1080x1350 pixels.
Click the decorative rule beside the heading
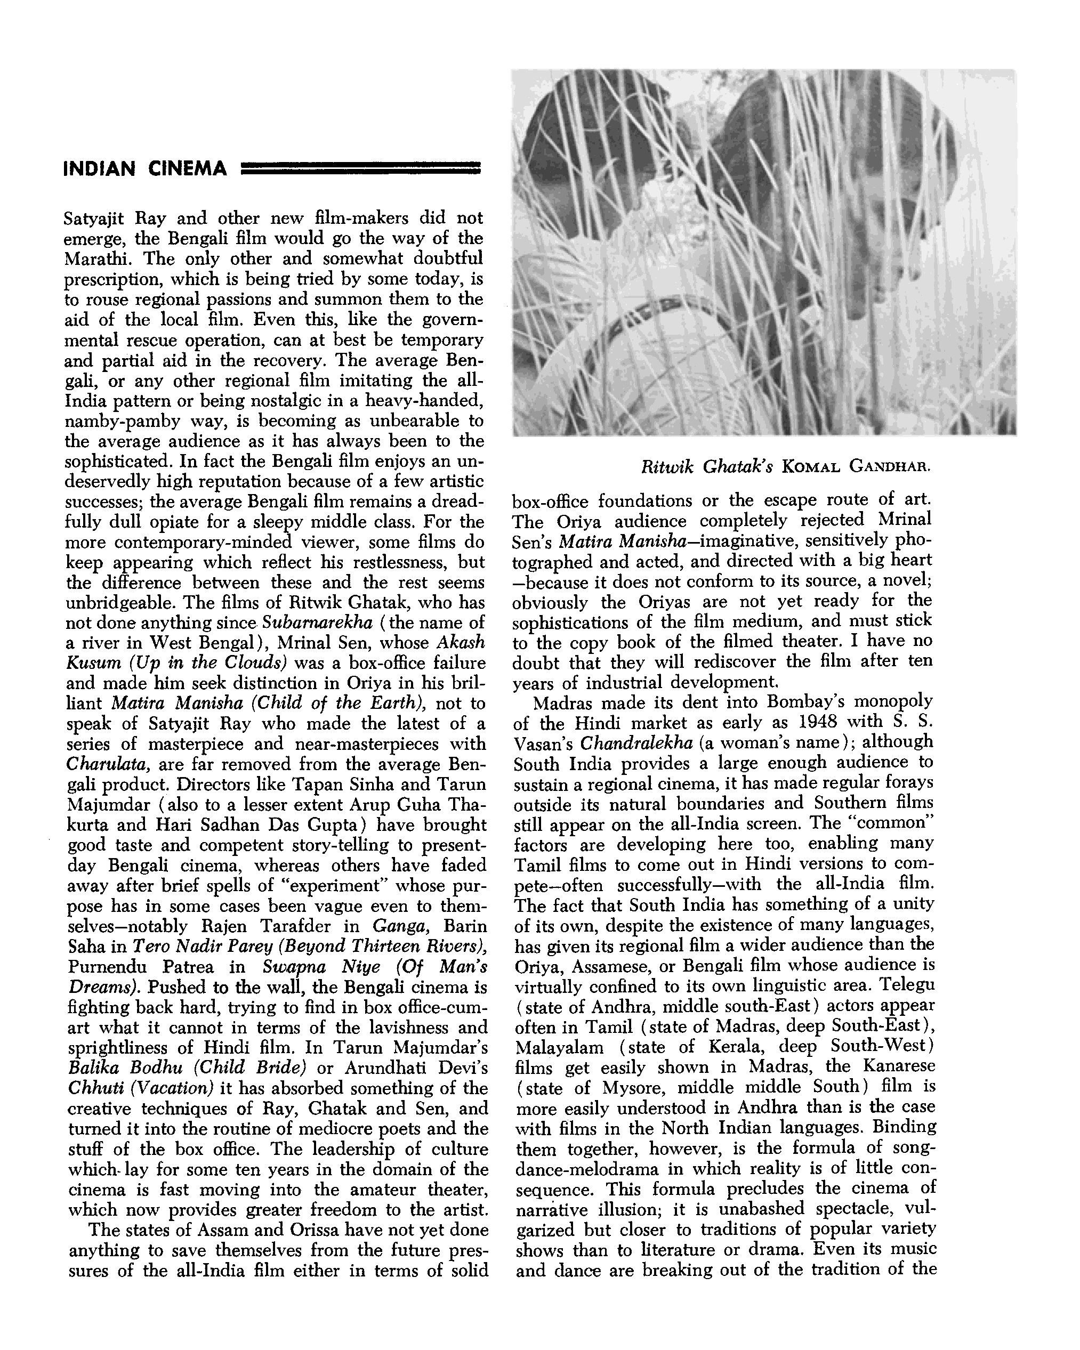point(361,168)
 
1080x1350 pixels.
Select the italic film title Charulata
point(108,765)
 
